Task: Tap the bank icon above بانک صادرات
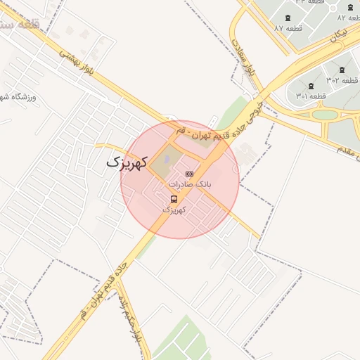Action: click(188, 174)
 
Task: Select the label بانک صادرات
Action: click(189, 184)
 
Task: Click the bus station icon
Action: click(174, 199)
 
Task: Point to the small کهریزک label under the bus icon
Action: click(174, 210)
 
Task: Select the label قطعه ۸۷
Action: click(288, 28)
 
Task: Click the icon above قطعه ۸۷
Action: click(288, 17)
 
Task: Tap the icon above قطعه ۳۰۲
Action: click(342, 70)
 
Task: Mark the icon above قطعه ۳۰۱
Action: click(310, 85)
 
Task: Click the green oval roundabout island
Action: click(325, 114)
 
